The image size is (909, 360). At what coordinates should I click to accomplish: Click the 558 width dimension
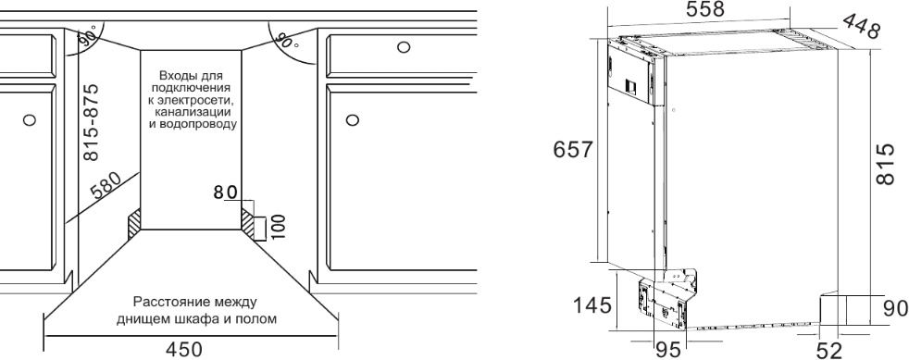tap(705, 9)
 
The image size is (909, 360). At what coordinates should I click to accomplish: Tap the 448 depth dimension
tap(860, 26)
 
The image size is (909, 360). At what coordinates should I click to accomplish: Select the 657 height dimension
tap(573, 150)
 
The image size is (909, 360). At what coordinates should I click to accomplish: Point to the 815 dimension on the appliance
tap(885, 165)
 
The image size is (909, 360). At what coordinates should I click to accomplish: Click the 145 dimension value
tap(591, 304)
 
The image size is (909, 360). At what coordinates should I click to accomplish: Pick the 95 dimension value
tap(667, 350)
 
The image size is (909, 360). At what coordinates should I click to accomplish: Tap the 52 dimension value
tap(828, 350)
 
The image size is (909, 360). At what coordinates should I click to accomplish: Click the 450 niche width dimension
tap(184, 350)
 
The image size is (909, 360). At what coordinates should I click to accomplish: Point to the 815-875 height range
tap(92, 123)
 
